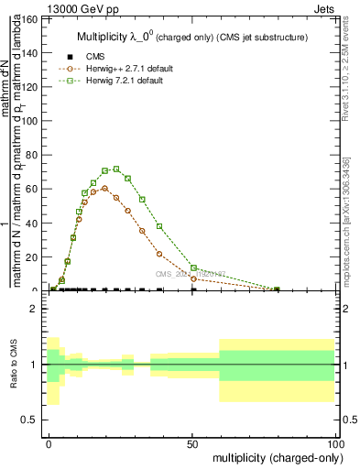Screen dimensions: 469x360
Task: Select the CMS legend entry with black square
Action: pos(83,57)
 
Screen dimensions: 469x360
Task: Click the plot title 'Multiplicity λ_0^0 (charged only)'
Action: pos(191,38)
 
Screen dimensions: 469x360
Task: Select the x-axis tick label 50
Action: pos(192,443)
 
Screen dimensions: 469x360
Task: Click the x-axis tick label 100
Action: pos(335,443)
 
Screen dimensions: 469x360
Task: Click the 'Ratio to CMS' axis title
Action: pos(14,364)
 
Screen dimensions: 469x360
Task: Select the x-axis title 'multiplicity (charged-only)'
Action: pos(274,456)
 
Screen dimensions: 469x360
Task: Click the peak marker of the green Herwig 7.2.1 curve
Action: pos(116,169)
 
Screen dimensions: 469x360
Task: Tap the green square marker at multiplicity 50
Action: pos(193,267)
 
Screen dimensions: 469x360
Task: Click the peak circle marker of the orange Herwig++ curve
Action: pos(104,188)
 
